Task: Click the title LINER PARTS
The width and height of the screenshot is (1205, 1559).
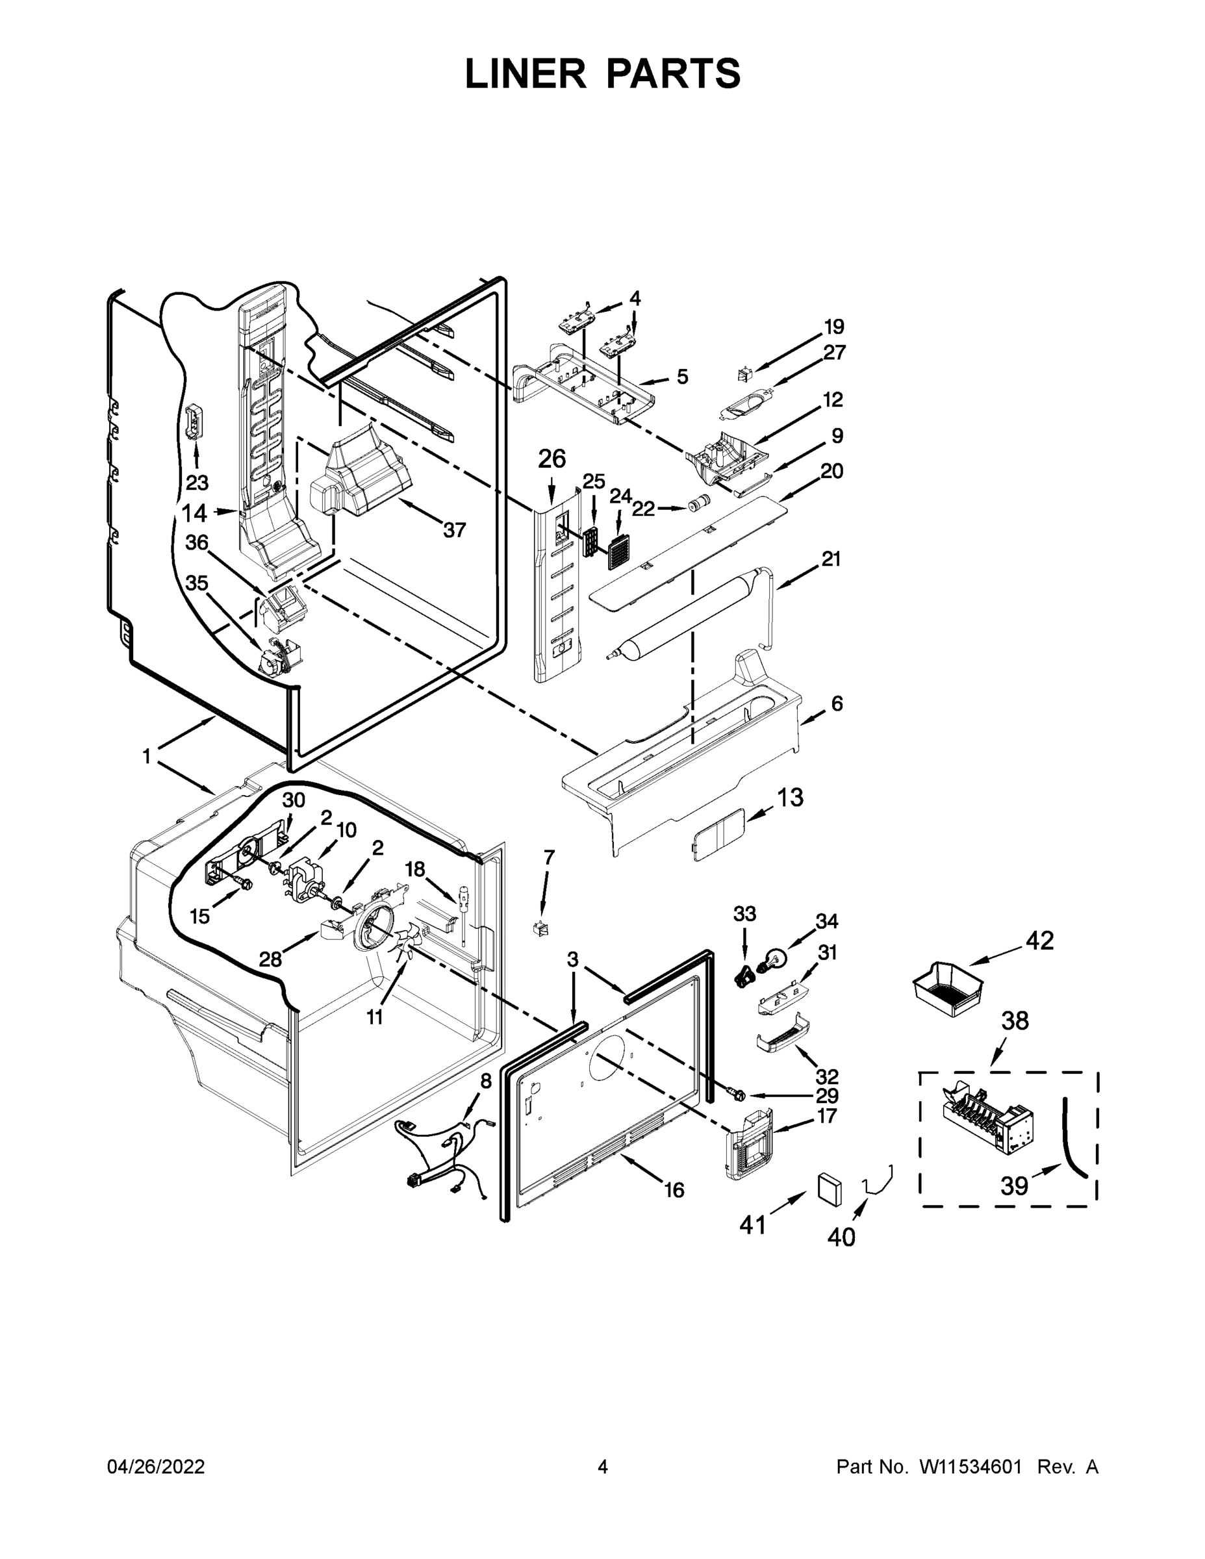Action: coord(603,73)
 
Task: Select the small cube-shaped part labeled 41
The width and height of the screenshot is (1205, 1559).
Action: coord(829,1189)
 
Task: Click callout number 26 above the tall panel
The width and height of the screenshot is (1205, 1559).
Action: coord(552,459)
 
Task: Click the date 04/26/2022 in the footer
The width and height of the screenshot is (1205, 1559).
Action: coord(156,1467)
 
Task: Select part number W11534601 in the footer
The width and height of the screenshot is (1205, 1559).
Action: coord(970,1467)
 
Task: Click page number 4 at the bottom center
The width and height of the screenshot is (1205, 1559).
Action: coord(603,1467)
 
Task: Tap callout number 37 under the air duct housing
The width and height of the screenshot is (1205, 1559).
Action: coord(454,529)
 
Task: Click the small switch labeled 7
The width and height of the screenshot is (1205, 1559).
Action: coord(541,929)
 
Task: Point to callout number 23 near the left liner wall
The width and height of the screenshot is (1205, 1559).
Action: coord(197,483)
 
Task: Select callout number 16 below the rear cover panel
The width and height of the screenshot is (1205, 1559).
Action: coord(674,1190)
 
